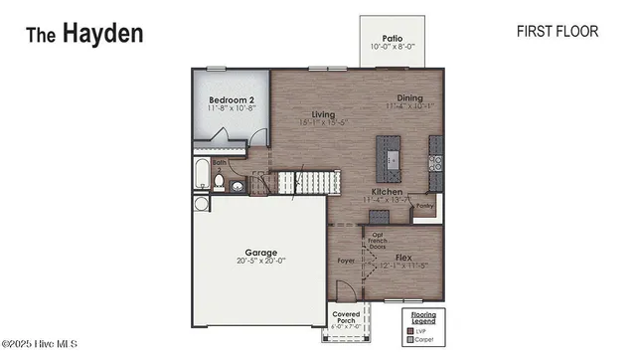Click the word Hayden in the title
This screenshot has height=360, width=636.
103,33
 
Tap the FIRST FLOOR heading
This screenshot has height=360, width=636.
556,31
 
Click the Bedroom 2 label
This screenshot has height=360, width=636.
232,100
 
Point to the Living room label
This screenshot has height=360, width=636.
323,115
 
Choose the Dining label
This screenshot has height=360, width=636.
409,98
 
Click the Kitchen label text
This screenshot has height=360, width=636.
386,191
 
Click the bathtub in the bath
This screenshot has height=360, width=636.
201,175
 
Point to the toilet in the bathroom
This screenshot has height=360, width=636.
219,182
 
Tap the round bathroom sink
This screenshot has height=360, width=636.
239,184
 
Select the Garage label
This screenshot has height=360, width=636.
261,253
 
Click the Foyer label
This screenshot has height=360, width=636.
345,264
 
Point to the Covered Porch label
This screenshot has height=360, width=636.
346,317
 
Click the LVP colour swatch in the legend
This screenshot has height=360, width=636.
408,332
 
